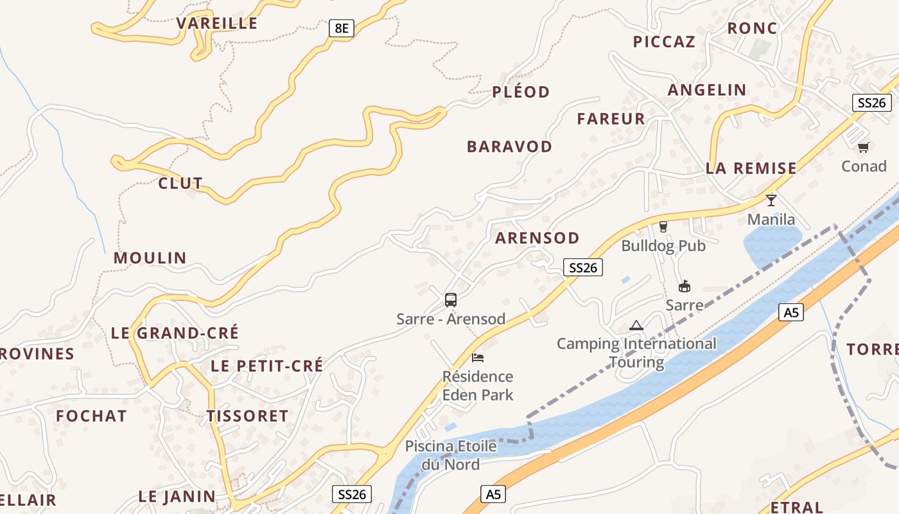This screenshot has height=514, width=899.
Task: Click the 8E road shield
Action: click(x=342, y=28)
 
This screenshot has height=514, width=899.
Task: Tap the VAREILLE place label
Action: click(x=217, y=24)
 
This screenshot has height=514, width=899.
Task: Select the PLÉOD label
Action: click(x=521, y=92)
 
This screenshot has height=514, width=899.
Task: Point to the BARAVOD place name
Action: click(x=509, y=146)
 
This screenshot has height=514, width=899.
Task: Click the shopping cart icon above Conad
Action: click(x=864, y=147)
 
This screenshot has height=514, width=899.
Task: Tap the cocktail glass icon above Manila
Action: click(x=771, y=200)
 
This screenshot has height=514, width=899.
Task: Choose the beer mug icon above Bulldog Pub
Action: click(x=663, y=226)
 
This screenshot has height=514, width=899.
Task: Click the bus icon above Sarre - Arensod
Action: click(x=451, y=299)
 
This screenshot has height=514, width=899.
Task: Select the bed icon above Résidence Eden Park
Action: click(x=478, y=357)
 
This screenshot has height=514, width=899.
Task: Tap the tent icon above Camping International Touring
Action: click(x=636, y=325)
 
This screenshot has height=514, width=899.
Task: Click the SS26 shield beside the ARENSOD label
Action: click(x=583, y=267)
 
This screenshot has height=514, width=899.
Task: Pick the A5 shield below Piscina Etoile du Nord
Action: click(x=493, y=494)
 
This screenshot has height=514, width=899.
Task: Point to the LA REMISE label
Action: click(x=751, y=168)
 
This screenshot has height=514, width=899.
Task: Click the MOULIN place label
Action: click(x=150, y=258)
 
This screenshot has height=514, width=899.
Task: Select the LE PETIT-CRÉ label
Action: click(x=267, y=366)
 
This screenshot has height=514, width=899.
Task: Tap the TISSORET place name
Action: click(x=248, y=416)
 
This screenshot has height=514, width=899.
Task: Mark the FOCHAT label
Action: click(x=91, y=416)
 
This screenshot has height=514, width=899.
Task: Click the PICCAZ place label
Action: click(x=664, y=42)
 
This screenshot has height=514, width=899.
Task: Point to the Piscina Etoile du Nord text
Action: click(x=451, y=455)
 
